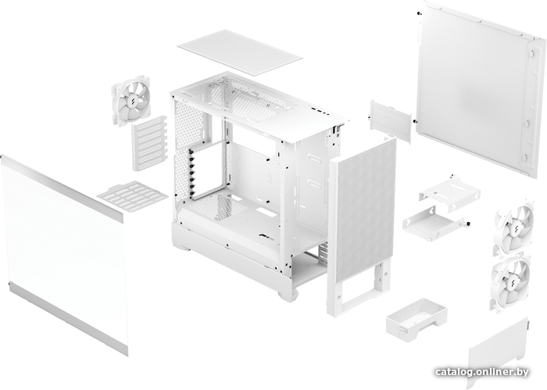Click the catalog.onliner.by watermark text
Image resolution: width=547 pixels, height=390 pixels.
tap(482, 372)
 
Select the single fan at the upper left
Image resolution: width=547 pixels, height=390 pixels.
tap(131, 100)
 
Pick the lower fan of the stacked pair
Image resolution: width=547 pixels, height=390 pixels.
tap(511, 283)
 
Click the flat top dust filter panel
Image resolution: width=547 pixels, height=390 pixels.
tap(240, 52)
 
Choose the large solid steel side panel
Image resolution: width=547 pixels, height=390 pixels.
tap(480, 89)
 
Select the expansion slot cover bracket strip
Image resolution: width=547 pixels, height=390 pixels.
tap(149, 143)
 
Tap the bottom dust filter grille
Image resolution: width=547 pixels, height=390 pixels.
tap(133, 196)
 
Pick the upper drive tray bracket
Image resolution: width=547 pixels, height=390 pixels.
tap(449, 188)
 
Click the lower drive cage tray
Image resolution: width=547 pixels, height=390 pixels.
tap(434, 224)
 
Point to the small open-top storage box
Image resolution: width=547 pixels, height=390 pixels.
tap(417, 320)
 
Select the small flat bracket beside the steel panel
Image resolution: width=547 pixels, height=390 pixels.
tap(391, 121)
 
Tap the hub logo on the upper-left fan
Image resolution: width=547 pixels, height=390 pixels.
tap(132, 101)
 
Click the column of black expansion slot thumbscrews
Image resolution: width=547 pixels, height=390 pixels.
tap(191, 172)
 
